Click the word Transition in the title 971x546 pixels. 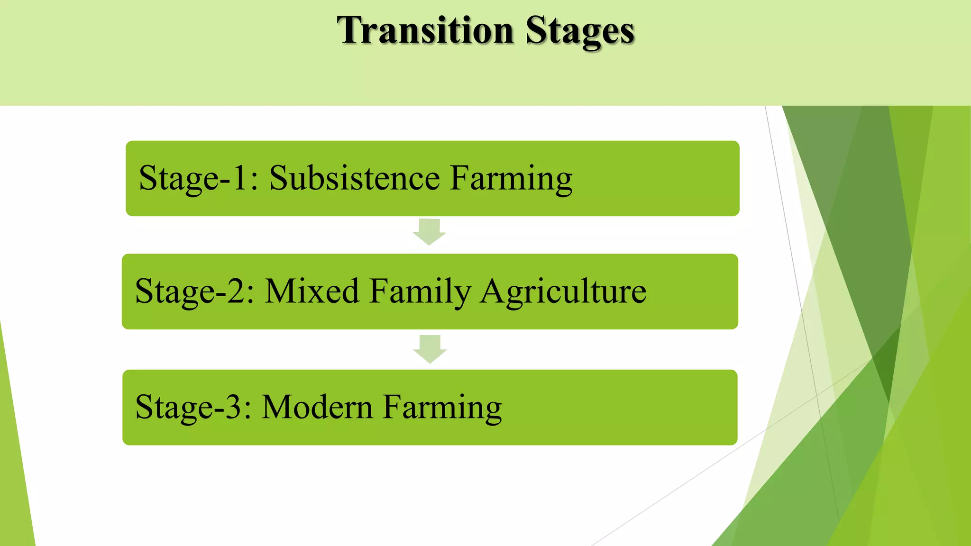425,30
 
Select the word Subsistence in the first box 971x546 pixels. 355,178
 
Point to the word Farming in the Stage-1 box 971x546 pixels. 511,179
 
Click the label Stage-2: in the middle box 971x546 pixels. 195,291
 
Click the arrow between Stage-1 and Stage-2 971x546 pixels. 429,232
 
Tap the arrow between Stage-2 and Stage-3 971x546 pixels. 430,349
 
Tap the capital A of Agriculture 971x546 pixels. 494,291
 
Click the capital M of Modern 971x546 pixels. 276,407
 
